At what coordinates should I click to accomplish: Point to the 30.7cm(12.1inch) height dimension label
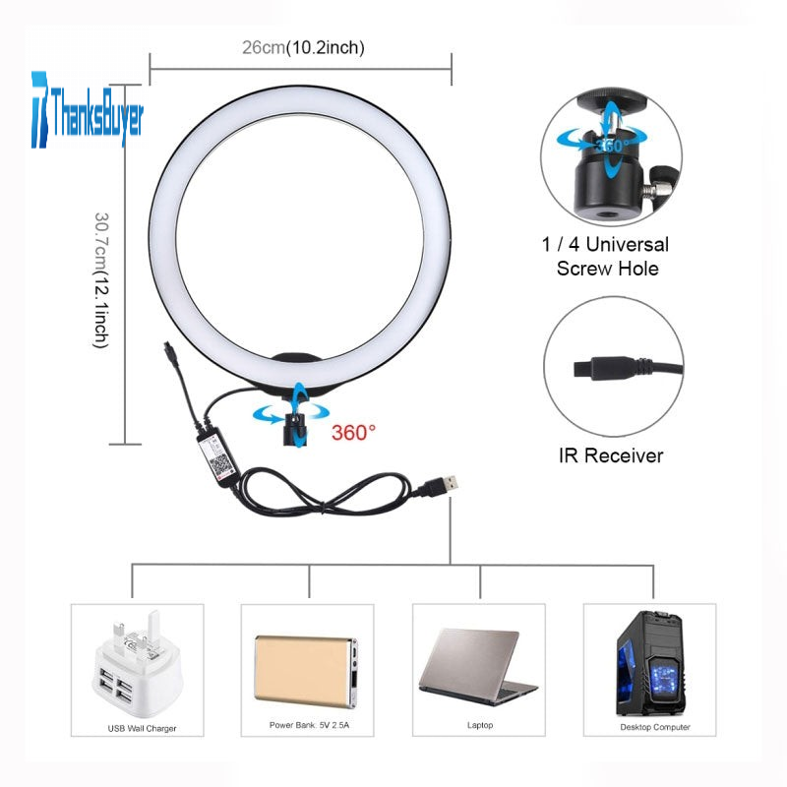pyautogui.click(x=100, y=279)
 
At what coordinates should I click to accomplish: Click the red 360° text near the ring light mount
pyautogui.click(x=353, y=431)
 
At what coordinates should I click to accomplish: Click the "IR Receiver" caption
pyautogui.click(x=612, y=455)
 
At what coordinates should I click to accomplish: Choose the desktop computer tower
pyautogui.click(x=648, y=663)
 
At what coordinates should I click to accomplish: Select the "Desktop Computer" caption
pyautogui.click(x=654, y=727)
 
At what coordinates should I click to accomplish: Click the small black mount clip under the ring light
pyautogui.click(x=295, y=427)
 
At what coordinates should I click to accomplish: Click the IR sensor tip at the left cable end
pyautogui.click(x=170, y=348)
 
